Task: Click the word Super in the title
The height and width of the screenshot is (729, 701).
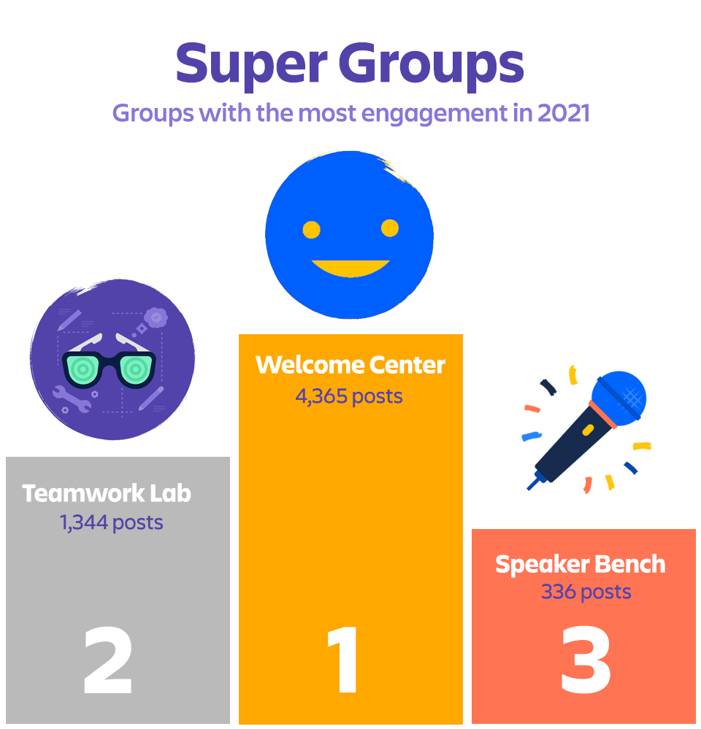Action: [x=252, y=64]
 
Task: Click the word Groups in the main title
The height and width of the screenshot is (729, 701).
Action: [x=432, y=64]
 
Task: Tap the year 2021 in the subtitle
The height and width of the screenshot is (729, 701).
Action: [x=563, y=113]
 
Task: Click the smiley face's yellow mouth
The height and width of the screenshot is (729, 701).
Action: [x=350, y=268]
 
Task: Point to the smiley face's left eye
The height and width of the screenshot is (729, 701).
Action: [x=311, y=230]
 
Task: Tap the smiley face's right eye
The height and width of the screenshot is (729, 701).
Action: [x=390, y=228]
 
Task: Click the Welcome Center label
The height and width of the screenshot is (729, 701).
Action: [x=350, y=365]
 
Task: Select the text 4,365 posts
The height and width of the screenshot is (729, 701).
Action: [x=349, y=396]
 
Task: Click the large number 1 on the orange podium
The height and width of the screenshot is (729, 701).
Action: [x=343, y=659]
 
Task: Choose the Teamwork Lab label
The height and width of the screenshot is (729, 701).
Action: [x=107, y=493]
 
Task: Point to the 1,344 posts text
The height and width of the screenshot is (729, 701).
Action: [x=111, y=522]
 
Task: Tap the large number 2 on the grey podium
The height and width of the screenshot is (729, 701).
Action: [x=108, y=660]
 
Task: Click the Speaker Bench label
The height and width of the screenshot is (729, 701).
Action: [x=580, y=565]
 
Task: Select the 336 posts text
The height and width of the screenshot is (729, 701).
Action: [x=586, y=592]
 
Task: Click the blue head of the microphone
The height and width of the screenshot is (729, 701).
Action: [x=620, y=398]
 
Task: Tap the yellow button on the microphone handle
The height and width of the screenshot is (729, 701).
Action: [x=588, y=430]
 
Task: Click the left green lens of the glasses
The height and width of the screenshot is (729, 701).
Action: [x=83, y=369]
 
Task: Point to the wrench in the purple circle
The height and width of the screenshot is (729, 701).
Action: [x=71, y=399]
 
